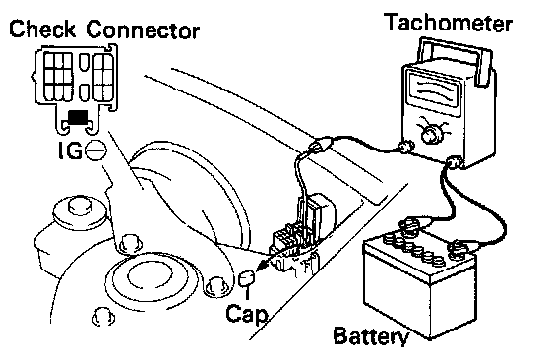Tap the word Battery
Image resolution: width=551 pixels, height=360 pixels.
coord(371,336)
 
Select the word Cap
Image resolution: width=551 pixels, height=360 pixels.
coord(246,314)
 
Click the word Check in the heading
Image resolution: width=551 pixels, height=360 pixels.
coord(42,29)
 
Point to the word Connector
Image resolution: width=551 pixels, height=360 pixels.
coord(143,30)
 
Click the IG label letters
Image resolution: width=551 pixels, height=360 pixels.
coord(70,150)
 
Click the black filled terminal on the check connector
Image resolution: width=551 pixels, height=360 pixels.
coord(78,117)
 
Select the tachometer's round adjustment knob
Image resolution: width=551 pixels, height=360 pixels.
coord(429,134)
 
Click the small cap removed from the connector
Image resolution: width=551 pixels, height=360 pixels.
coord(247,278)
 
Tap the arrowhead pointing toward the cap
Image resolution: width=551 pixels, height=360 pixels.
coord(261,268)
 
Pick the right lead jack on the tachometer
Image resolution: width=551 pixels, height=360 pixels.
coord(455,162)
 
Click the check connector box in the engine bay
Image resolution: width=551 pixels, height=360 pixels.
coord(294,241)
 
